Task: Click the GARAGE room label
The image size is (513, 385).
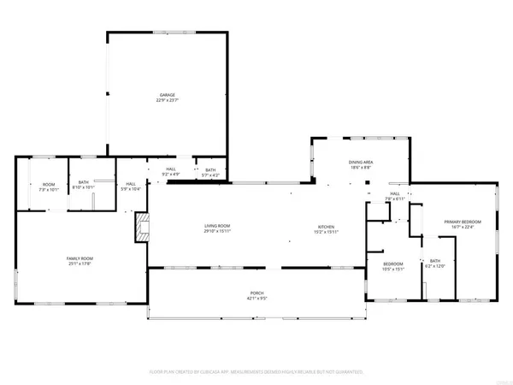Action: (167, 95)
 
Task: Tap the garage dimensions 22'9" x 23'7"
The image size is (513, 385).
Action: (167, 101)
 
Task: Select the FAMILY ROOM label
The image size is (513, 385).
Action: (80, 258)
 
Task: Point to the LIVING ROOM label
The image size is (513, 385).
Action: (217, 225)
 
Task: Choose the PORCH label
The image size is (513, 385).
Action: (256, 293)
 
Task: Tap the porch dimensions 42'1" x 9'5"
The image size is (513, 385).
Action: (256, 299)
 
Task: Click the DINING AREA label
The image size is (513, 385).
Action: (361, 163)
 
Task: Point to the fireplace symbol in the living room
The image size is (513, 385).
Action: (143, 228)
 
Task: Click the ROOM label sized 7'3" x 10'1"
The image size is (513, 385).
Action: (49, 184)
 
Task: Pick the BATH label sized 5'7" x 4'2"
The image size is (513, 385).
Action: (210, 169)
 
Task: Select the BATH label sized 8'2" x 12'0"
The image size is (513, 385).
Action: (434, 261)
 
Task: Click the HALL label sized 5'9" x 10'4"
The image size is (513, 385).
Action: (131, 184)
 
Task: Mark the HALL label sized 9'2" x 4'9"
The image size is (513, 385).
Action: (171, 169)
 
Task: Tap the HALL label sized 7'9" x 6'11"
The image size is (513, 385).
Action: (396, 193)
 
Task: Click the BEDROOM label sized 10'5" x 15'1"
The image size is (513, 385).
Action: (392, 264)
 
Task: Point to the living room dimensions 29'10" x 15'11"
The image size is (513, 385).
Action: (217, 231)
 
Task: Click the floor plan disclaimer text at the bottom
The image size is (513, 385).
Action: (256, 372)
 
